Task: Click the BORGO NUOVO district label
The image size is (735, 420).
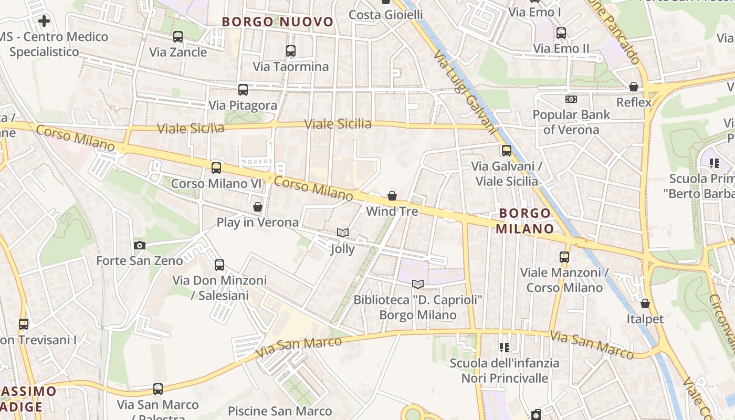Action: (x=278, y=22)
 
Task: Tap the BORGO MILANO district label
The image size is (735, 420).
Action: (x=524, y=221)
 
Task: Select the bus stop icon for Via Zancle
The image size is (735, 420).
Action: (x=178, y=37)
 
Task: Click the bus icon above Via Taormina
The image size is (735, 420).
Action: (x=291, y=51)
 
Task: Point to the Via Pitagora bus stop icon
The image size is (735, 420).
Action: (x=243, y=90)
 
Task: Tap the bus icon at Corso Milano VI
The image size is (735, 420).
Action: (x=216, y=168)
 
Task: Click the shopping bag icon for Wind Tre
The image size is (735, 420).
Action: (x=392, y=196)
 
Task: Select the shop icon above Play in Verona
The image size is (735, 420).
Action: (x=258, y=207)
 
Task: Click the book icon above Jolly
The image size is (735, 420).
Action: (x=342, y=233)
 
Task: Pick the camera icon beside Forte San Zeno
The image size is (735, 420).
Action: (x=140, y=245)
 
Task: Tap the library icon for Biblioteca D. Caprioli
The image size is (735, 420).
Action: (x=418, y=284)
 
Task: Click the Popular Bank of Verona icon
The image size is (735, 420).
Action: (x=571, y=99)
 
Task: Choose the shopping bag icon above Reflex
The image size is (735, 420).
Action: (x=634, y=87)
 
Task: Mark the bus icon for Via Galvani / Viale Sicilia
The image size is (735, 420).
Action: (x=507, y=151)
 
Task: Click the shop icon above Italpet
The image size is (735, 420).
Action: (x=645, y=303)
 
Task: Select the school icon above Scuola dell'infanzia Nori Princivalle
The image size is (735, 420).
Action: (x=505, y=347)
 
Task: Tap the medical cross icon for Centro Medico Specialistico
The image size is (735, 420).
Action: (x=44, y=21)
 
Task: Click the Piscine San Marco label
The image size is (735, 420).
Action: (x=280, y=411)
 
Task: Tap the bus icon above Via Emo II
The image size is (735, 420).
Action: (x=561, y=33)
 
